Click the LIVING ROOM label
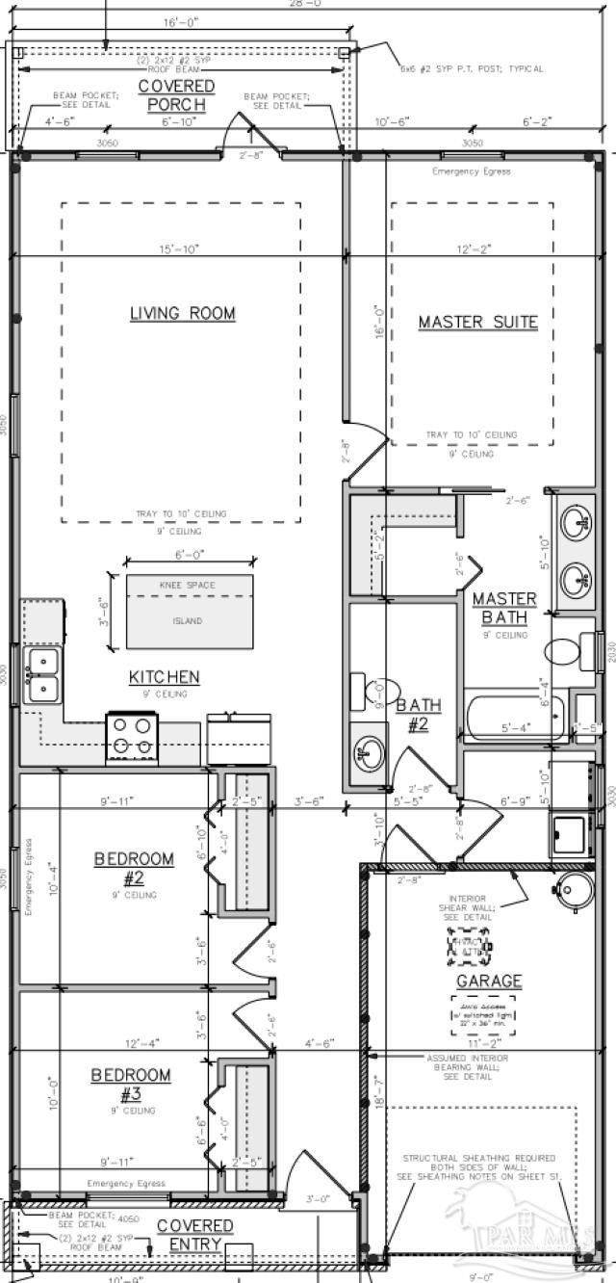(x=182, y=314)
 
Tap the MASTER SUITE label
(x=477, y=322)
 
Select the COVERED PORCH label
(x=176, y=95)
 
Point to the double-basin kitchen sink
(x=42, y=674)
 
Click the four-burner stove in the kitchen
(x=131, y=736)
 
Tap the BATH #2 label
(x=418, y=714)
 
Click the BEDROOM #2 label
(x=134, y=867)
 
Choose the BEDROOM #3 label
(x=131, y=1084)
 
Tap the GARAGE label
(x=489, y=982)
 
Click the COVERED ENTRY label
(x=195, y=1234)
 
